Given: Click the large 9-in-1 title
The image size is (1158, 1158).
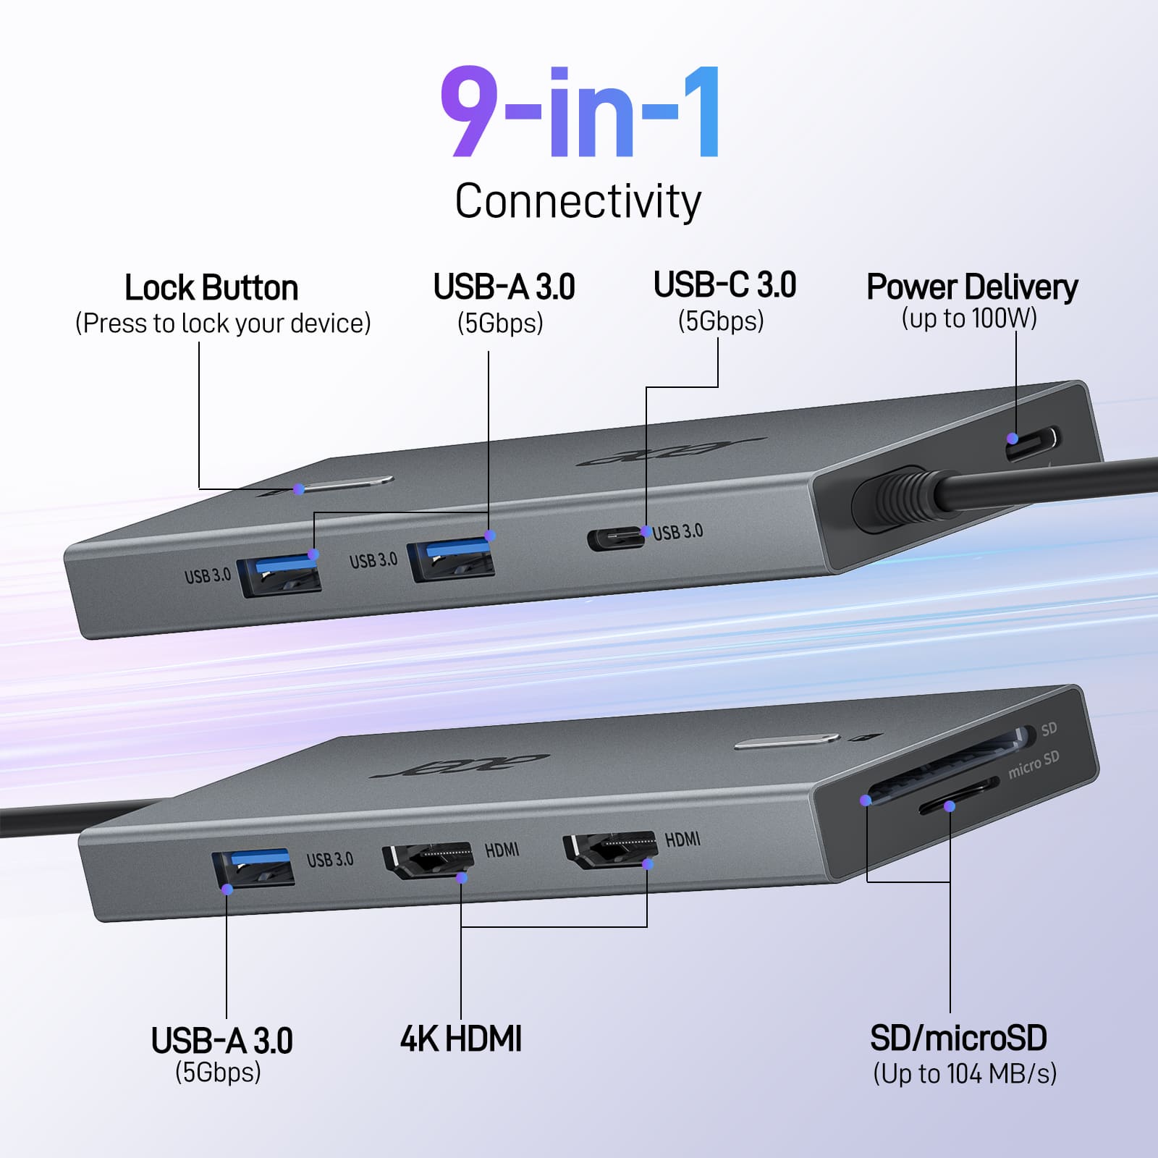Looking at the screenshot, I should coord(580,111).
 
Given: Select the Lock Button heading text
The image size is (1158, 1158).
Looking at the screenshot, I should coord(211,288).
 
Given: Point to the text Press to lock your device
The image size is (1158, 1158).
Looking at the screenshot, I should coord(223,323).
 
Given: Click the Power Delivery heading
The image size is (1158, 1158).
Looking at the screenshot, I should coord(972,287).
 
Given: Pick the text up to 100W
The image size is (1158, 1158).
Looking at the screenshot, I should coord(969,318).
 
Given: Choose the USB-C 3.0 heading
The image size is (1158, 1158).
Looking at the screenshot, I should coord(724,284).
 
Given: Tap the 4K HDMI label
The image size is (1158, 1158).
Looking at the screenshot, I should coord(461,1039).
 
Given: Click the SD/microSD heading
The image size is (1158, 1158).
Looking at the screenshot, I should coord(958,1038).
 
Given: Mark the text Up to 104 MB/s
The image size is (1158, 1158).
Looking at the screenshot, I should coord(965,1073).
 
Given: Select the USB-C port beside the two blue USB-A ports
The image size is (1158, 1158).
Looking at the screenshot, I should coord(614,538).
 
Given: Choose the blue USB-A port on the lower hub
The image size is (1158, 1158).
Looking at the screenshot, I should coord(253,867).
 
